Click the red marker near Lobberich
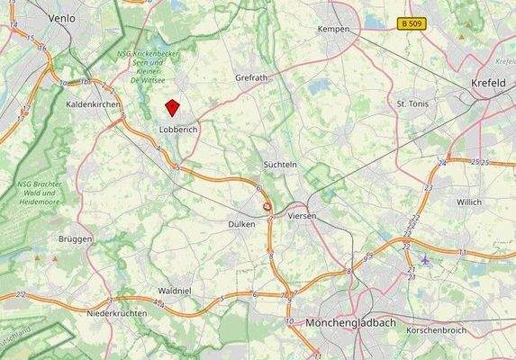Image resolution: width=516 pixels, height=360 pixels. pos(172,108)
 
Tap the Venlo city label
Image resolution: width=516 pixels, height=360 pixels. pos(62,17)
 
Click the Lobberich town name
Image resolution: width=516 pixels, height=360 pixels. pos(177,130)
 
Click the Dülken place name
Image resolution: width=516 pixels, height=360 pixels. pos(241,223)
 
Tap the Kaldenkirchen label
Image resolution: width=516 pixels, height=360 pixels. pos(94,104)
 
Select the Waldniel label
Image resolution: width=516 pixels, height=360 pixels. pos(174,292)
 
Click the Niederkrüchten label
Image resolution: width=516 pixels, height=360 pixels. pos(116,312)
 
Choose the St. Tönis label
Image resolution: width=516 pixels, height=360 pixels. pos(415,104)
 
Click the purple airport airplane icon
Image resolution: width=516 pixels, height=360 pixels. pos(425,261)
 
